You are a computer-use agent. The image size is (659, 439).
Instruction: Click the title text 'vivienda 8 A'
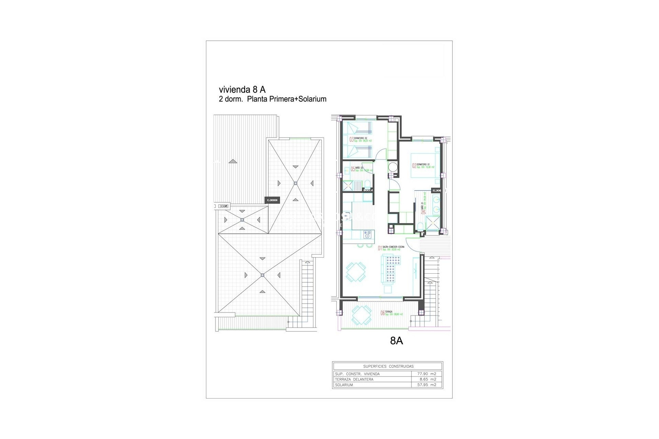coord(242,90)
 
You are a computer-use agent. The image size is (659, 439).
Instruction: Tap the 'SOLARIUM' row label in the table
coord(343,385)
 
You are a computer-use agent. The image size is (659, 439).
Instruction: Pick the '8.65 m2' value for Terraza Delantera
coord(428,379)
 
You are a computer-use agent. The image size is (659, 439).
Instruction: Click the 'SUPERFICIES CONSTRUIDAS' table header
coord(388,366)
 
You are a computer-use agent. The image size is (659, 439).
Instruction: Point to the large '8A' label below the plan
coord(396,341)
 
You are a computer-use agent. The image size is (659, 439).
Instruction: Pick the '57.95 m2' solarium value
coord(427,385)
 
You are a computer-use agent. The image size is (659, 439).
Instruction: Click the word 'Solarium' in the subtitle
coord(312,99)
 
